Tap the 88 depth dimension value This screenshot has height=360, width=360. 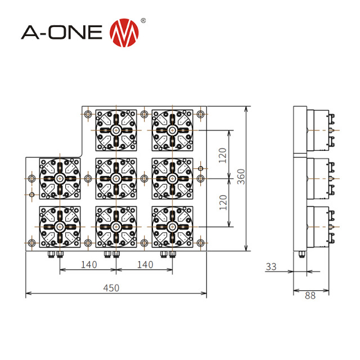point(309,296)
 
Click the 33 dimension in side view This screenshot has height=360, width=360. point(272,267)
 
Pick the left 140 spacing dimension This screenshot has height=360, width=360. point(88,264)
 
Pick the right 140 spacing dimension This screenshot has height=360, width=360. point(145,264)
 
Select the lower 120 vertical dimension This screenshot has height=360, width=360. point(223,201)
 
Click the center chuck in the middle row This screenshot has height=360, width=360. point(116,178)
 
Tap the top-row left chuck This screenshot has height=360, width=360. point(116,130)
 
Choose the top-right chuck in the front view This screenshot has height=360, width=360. point(173,130)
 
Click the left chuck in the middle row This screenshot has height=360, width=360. point(60,178)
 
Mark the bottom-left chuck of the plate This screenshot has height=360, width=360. point(60,226)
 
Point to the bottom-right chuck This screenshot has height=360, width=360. point(173,226)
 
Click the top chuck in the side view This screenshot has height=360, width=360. point(319,130)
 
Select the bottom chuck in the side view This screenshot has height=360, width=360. point(319,226)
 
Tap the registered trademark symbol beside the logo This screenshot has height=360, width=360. point(143,20)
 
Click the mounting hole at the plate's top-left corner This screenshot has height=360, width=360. point(88,115)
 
